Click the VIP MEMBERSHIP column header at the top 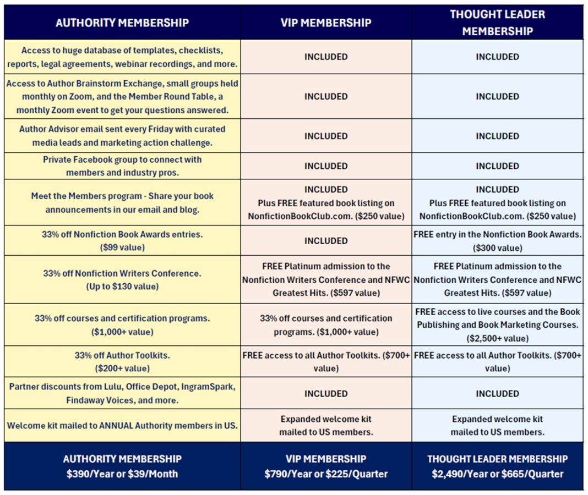pos(326,23)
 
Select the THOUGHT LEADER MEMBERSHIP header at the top pos(497,23)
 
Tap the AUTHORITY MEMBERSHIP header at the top pos(122,23)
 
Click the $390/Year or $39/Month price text pos(122,474)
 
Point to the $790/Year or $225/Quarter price pos(326,474)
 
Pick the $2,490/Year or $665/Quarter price pos(497,474)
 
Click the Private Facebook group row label pos(122,166)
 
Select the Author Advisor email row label pos(122,136)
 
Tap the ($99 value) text pos(122,248)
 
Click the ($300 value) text pos(497,248)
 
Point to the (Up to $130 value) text pos(122,287)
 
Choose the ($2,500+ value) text pos(497,338)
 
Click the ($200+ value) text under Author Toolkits pos(122,369)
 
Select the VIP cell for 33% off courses pos(326,325)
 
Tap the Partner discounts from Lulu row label pos(122,393)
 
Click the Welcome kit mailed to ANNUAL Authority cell pos(122,425)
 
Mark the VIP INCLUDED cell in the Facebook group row pos(326,166)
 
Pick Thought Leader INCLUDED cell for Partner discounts pos(497,394)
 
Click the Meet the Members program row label pos(122,202)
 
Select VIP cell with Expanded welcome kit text pos(326,425)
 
